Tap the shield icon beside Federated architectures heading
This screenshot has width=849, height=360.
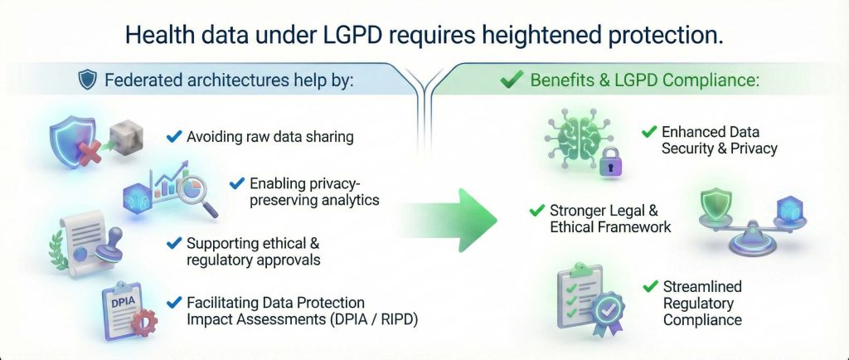pos(86,80)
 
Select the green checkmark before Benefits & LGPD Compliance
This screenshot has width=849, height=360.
pos(513,80)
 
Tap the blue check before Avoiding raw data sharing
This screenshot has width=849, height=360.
pos(174,136)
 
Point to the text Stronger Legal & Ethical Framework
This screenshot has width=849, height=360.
pos(610,218)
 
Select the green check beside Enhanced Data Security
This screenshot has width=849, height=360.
pos(649,133)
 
